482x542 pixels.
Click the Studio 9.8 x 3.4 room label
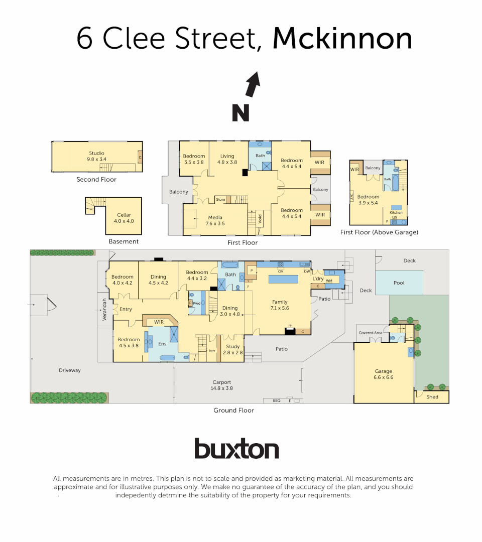pos(96,156)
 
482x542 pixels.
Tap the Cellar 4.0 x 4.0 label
pos(124,218)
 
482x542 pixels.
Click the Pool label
pos(399,283)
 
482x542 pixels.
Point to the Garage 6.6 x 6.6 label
pos(383,374)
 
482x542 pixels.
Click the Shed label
pos(432,397)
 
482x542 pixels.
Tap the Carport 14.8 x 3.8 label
pos(221,385)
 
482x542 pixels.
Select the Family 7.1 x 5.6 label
pos(280,305)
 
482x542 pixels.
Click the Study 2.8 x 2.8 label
pos(232,349)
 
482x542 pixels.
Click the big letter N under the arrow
pos(240,112)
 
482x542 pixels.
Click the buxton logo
pos(236,448)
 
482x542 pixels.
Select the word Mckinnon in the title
pos(342,38)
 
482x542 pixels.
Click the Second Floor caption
pos(96,180)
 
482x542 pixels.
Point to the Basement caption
pos(124,241)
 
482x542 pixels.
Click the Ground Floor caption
pos(233,411)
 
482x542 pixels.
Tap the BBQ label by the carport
pos(276,400)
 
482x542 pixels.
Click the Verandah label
pos(105,309)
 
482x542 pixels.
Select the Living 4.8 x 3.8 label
pos(227,159)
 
